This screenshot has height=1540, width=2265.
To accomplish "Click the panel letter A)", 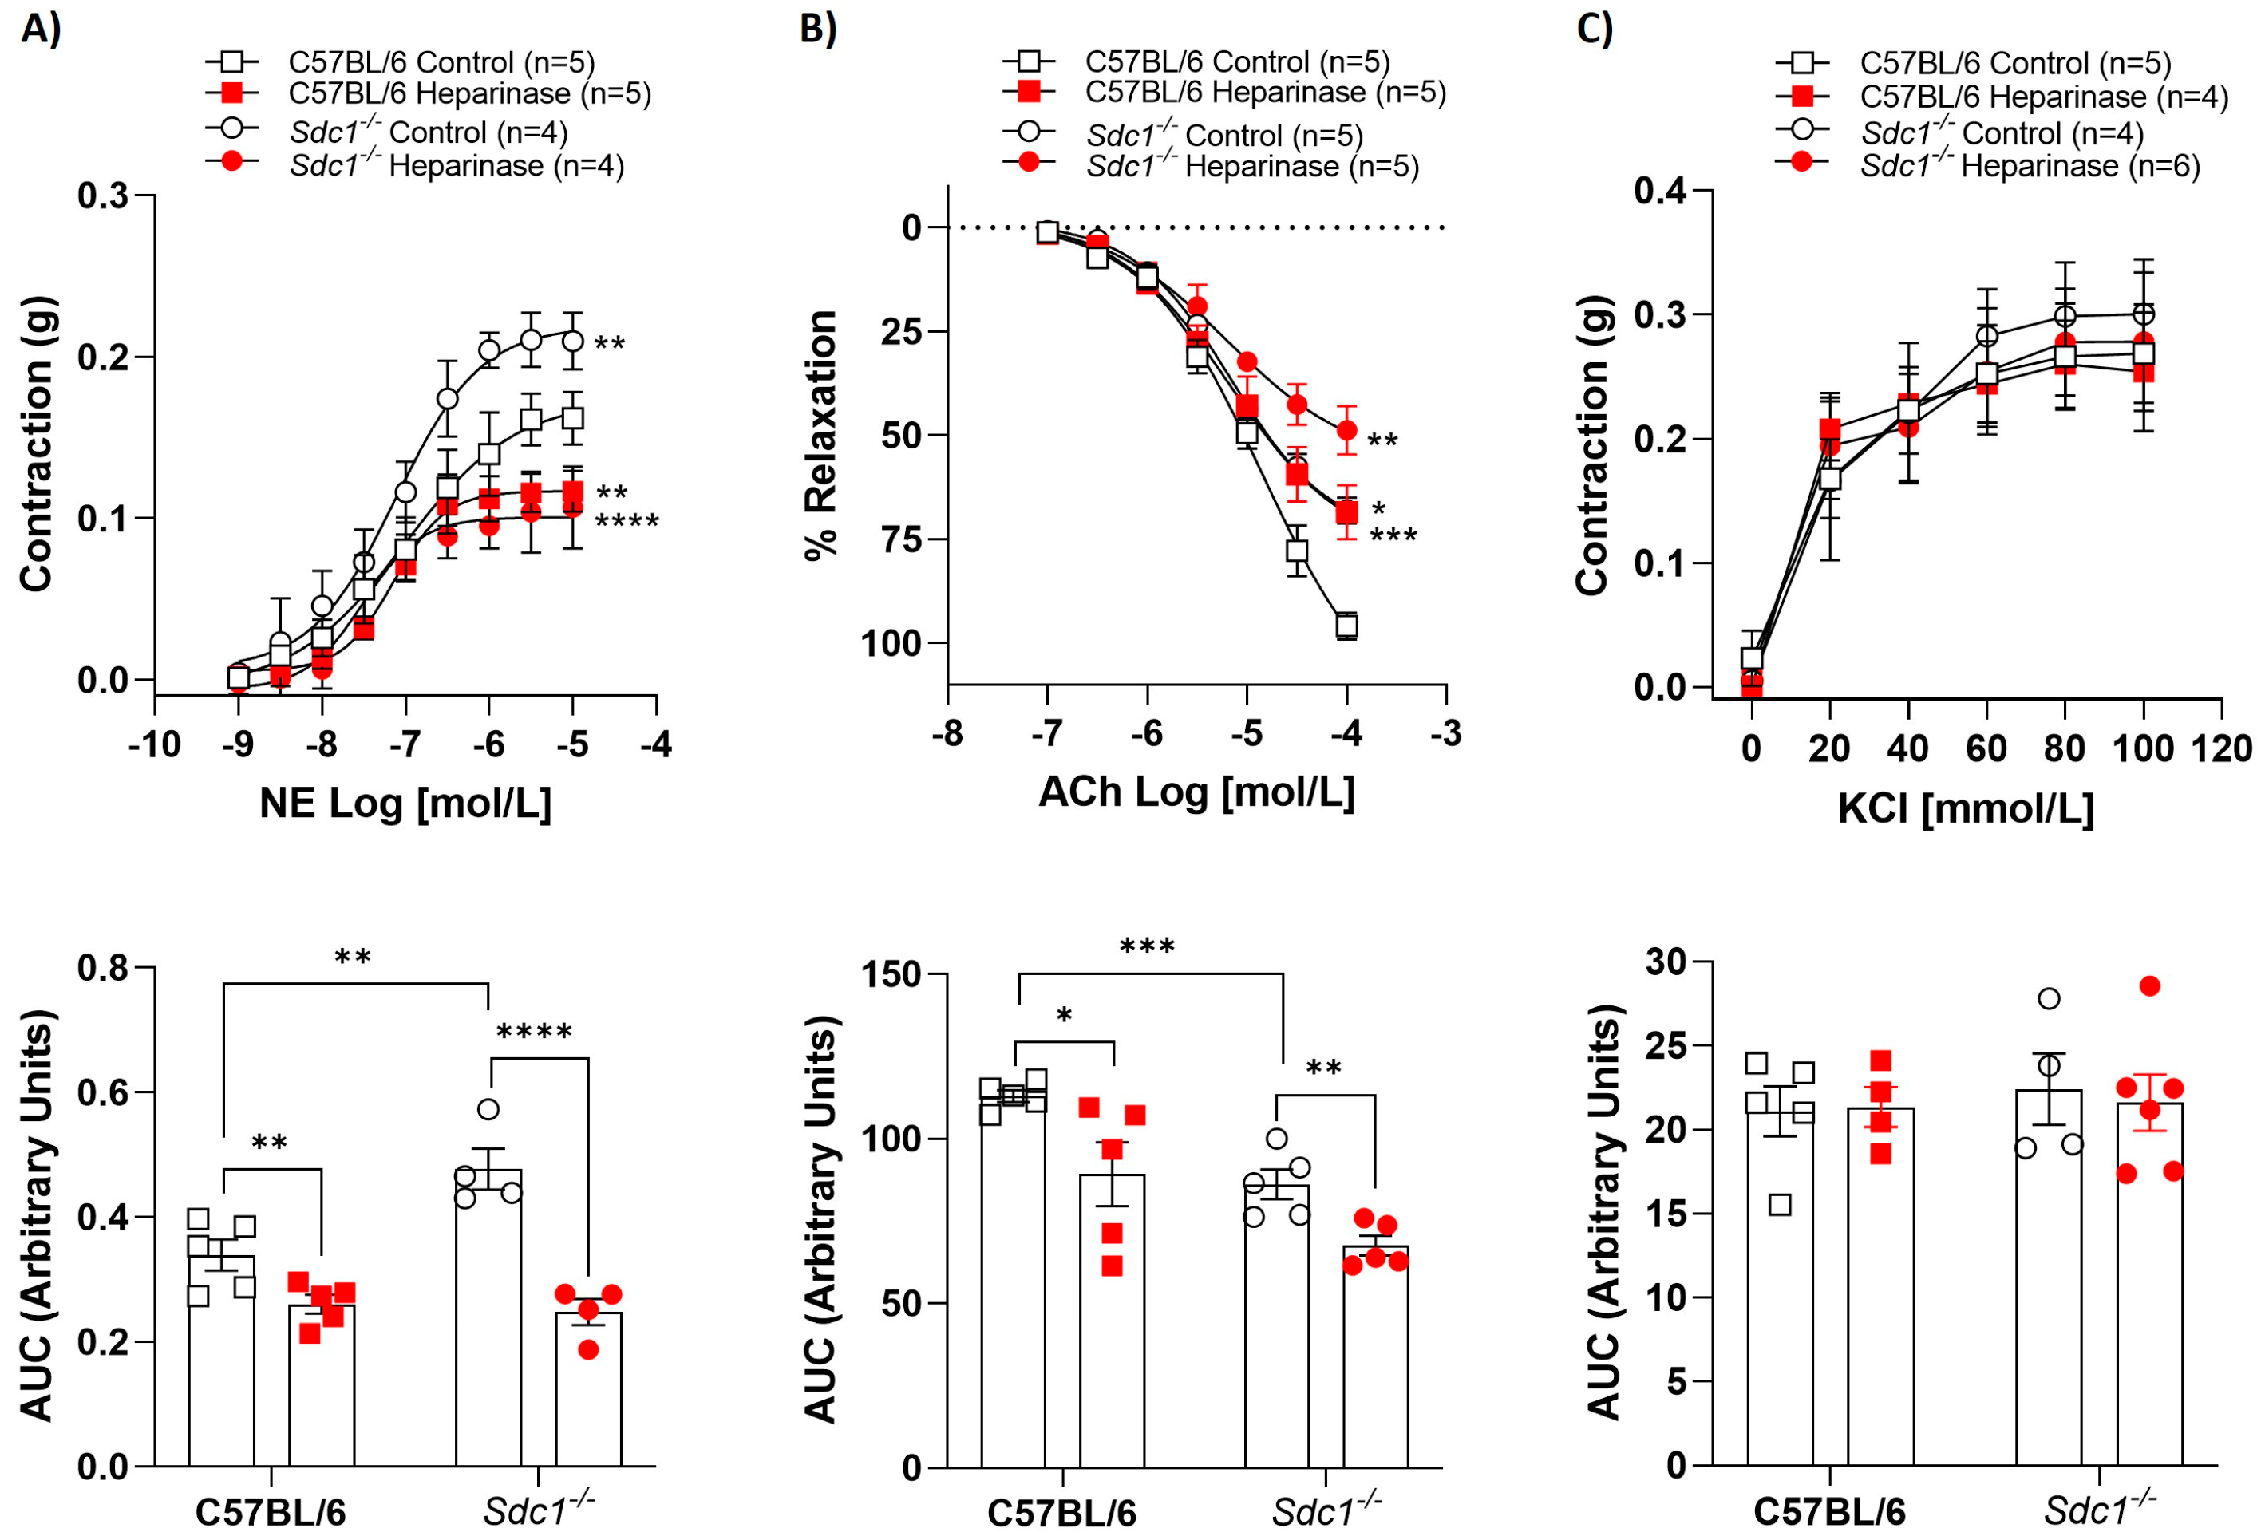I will click(41, 30).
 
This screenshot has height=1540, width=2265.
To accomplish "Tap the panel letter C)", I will click(1595, 30).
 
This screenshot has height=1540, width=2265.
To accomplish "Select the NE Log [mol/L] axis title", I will click(405, 804).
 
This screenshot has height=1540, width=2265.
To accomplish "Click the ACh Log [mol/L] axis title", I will click(1197, 792).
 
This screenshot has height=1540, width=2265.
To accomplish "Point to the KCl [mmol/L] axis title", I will click(1966, 808).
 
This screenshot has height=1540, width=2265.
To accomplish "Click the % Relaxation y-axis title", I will click(820, 435).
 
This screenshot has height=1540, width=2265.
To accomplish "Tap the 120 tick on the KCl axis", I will click(2221, 748).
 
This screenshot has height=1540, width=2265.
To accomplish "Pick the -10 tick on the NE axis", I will click(154, 744).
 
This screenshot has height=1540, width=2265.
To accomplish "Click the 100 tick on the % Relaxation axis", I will click(890, 643).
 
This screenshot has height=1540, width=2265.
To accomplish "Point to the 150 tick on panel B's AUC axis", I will click(891, 975).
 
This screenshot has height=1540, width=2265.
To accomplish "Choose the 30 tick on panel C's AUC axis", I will click(1666, 962).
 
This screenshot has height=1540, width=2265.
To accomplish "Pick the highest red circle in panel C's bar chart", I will click(2150, 986).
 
